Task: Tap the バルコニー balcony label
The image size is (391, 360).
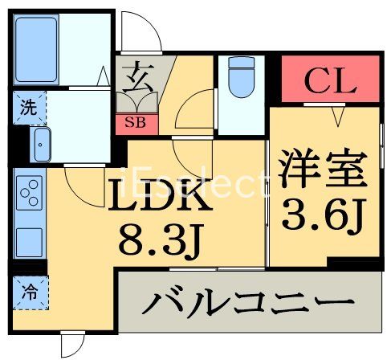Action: pos(249,306)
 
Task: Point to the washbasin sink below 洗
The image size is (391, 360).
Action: pos(40,143)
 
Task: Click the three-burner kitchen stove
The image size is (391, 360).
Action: pos(29,192)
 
